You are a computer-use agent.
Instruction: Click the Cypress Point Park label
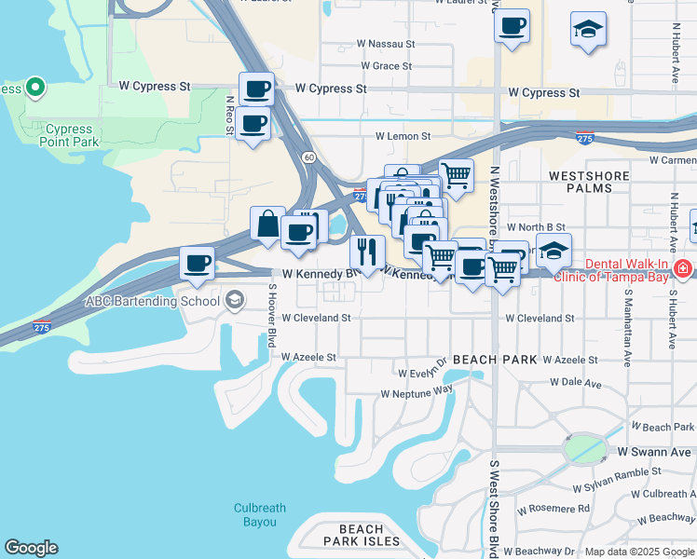pos(68,135)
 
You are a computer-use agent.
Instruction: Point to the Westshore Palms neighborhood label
pos(581,182)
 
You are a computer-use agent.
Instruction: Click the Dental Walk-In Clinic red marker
pos(683,269)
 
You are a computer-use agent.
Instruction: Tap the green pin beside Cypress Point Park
pos(35,89)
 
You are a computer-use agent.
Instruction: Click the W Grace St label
pos(385,66)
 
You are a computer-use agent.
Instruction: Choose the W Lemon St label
pos(401,136)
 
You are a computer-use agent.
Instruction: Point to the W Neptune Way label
pos(417,393)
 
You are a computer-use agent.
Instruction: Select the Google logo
pos(31,548)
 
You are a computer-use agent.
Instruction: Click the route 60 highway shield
pos(308,157)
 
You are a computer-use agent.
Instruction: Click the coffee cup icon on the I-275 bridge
pos(197,264)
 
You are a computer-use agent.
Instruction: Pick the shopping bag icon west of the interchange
pos(267,225)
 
